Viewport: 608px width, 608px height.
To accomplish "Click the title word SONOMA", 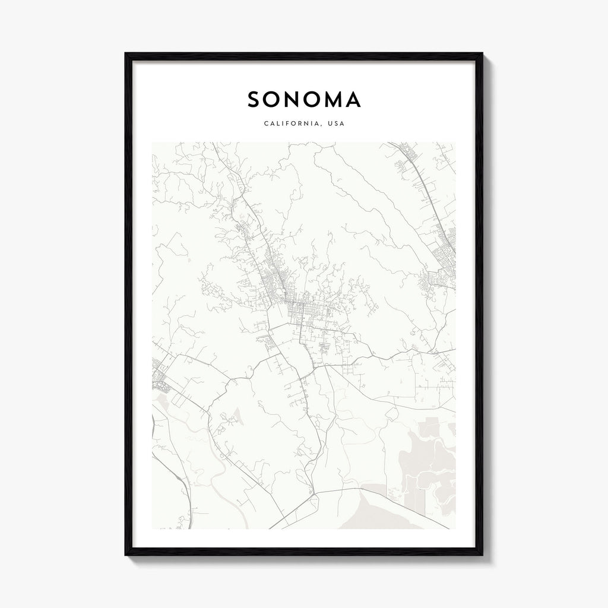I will [304, 100].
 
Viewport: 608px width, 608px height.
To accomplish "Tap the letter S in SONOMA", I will [254, 100].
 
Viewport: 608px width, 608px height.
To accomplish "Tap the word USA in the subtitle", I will [337, 124].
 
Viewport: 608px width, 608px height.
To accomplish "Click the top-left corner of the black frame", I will [126, 54].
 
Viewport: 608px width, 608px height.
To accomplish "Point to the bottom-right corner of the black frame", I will [482, 555].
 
